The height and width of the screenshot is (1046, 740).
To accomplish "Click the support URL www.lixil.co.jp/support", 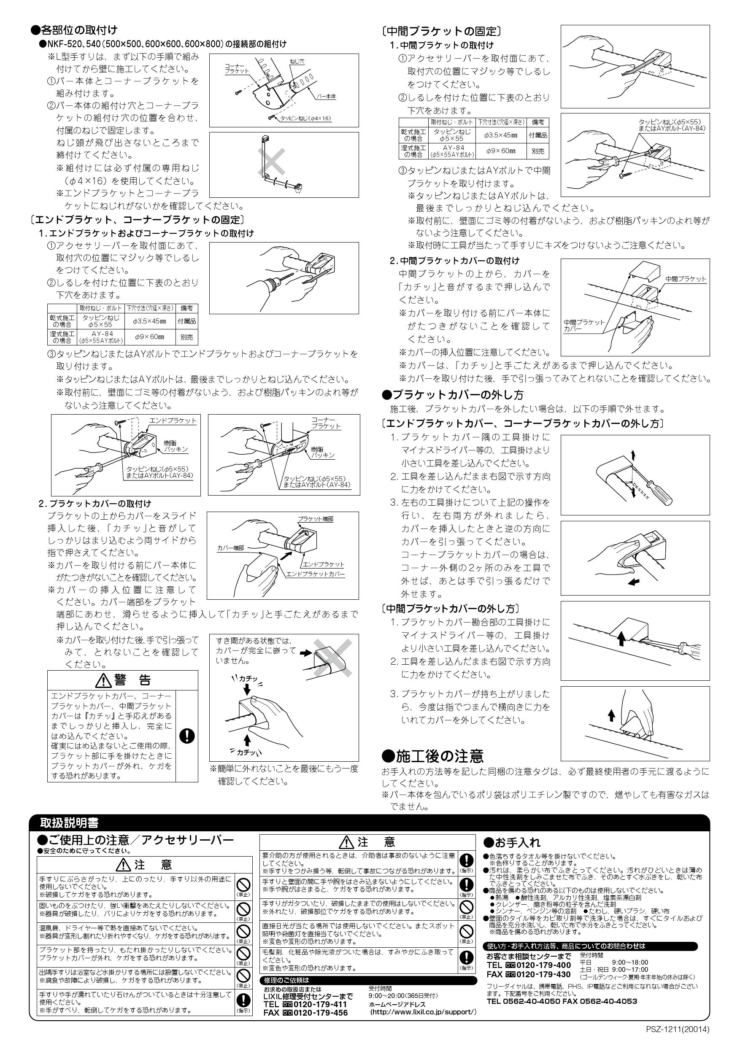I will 423,1024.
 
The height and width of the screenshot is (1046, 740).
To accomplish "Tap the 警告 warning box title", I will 123,680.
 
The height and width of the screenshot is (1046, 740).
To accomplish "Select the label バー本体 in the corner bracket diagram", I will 326,97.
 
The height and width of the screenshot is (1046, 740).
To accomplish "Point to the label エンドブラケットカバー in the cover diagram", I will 315,574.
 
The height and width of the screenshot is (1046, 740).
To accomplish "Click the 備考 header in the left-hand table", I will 186,308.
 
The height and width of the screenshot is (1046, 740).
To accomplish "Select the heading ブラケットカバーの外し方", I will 457,394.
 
